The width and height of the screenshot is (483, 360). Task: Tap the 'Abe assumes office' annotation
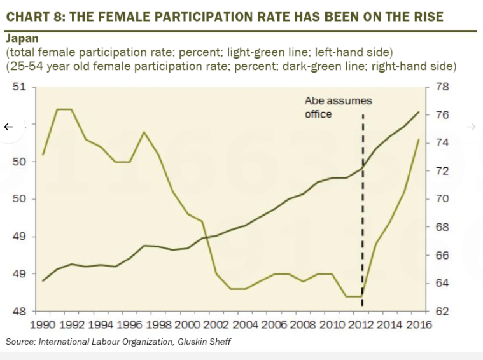coord(338,107)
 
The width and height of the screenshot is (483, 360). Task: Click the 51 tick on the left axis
coord(20,87)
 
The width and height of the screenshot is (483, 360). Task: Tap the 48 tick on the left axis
coord(20,311)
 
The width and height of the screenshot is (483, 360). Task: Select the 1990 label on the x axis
coord(43,325)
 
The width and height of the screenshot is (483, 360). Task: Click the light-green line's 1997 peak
coord(144,132)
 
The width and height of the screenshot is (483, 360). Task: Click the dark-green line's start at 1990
coord(43,280)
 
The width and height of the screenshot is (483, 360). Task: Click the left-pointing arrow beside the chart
coord(8,127)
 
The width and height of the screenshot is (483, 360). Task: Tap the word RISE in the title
coord(425,16)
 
